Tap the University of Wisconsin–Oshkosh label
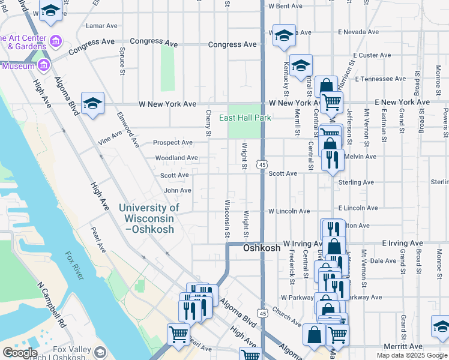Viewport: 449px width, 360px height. tap(149, 218)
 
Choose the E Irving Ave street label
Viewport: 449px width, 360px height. tap(403, 244)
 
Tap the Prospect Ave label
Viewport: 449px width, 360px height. tap(173, 143)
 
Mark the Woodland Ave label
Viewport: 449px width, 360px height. tap(176, 158)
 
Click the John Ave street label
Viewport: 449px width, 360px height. tap(178, 190)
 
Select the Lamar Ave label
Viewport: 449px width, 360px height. tap(101, 26)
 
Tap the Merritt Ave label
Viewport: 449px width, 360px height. tap(403, 346)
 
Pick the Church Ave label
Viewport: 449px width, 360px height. tap(286, 317)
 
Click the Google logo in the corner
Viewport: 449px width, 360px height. tap(20, 352)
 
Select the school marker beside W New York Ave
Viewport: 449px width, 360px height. tap(93, 104)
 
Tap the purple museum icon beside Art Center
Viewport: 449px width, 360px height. tap(56, 41)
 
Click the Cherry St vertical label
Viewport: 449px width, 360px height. tap(208, 123)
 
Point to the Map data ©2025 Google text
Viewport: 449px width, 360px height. tap(412, 355)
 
